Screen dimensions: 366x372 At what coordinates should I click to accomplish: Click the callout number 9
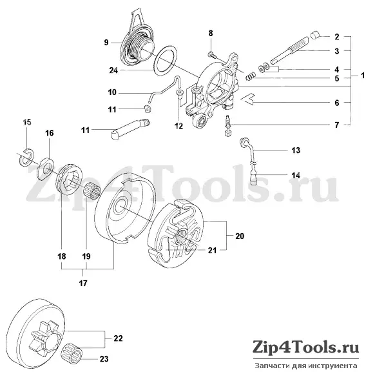point(106,43)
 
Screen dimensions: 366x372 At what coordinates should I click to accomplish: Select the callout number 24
point(113,70)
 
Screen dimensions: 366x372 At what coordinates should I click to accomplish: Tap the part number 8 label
point(211,34)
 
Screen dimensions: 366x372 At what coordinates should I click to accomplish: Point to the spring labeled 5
point(250,76)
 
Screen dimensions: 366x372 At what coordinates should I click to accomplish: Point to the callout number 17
point(83,284)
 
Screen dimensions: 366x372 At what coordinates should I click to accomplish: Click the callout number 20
point(240,236)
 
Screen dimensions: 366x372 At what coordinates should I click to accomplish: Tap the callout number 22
point(118,338)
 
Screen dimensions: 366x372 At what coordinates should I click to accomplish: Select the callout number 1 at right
point(362,76)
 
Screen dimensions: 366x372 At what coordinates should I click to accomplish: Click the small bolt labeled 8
point(212,55)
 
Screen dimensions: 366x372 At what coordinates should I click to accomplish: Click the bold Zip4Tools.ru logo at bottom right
point(306,348)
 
